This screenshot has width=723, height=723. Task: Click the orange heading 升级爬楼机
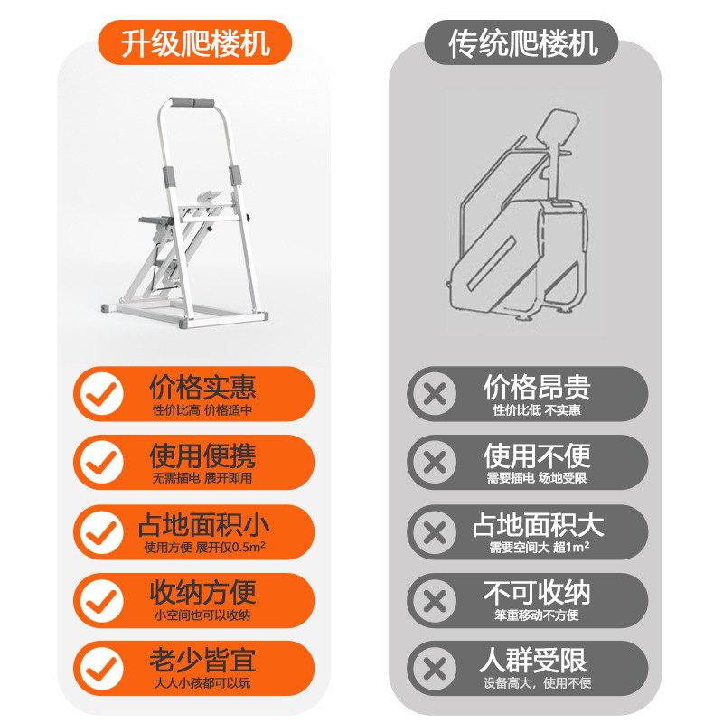coord(196,42)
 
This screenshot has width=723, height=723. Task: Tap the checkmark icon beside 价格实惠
coord(101,394)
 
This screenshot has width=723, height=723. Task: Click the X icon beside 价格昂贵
coord(435,394)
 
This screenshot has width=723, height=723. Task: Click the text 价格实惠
coord(202,387)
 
